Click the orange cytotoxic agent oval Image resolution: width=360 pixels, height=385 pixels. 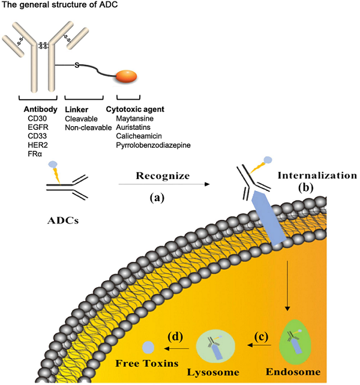coord(125,76)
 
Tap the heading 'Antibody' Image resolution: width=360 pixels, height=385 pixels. coord(41,109)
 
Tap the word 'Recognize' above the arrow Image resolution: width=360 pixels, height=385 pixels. coord(163,177)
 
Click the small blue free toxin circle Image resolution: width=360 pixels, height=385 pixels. coord(148,347)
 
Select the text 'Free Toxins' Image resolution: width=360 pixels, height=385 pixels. coord(148,364)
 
